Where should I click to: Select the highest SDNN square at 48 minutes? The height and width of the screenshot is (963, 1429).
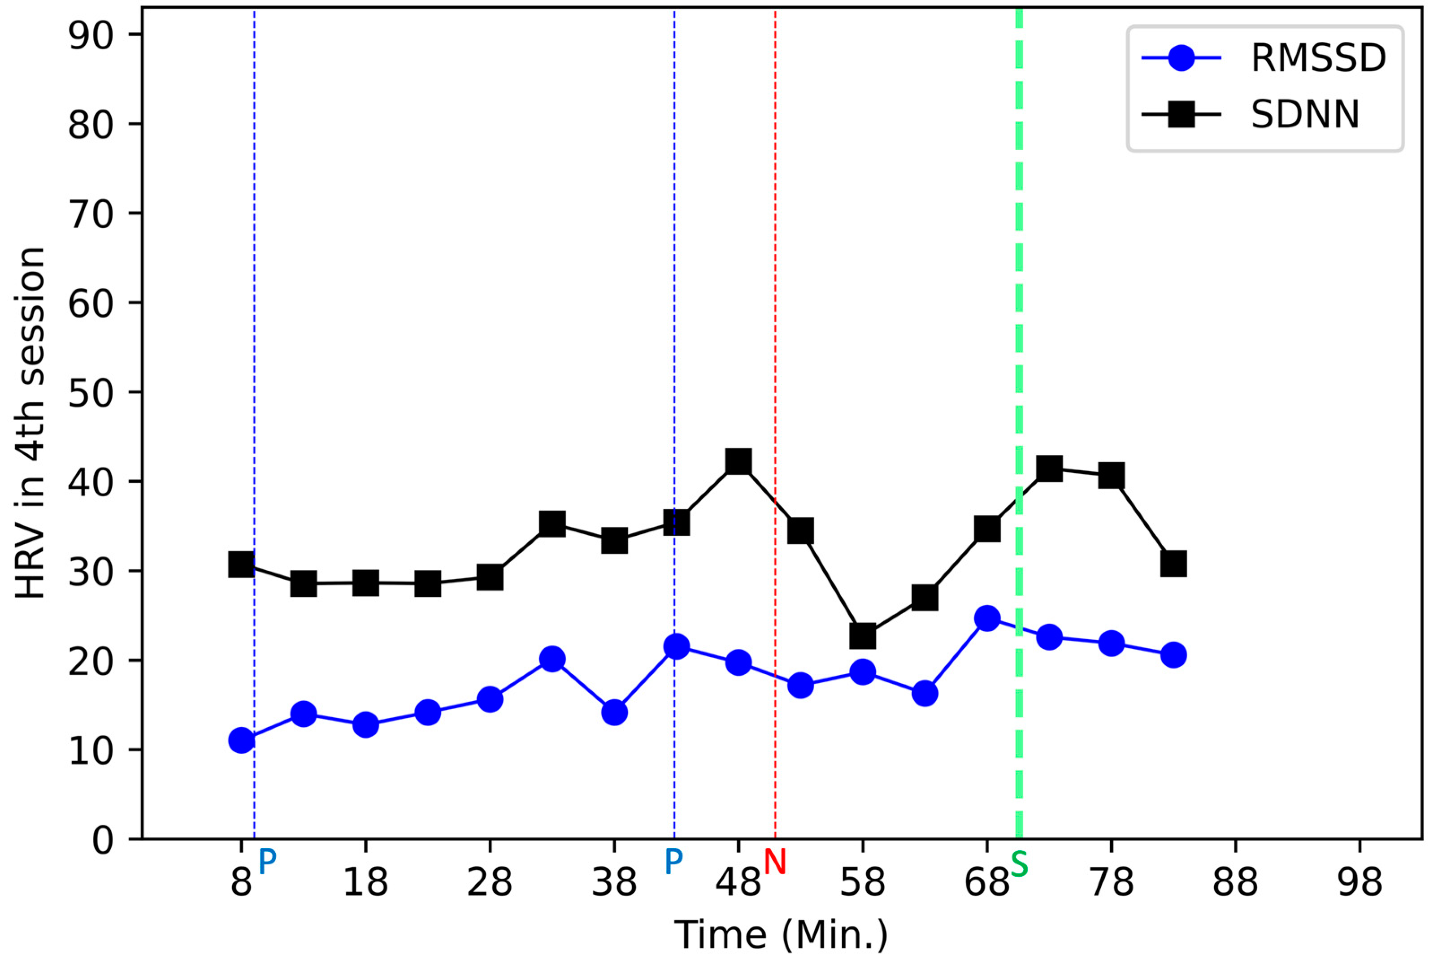738,461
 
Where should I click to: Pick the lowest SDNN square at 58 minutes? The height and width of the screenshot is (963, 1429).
862,636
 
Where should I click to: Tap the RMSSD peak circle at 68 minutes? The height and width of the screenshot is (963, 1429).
987,618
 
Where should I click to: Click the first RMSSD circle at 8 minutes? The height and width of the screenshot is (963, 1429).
241,741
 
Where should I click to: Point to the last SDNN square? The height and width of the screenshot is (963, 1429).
1173,564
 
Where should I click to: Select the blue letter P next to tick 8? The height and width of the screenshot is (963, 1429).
267,862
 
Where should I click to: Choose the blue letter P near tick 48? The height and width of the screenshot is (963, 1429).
673,862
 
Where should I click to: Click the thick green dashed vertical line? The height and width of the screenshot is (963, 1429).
1019,307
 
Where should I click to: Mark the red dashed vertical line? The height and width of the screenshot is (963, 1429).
775,307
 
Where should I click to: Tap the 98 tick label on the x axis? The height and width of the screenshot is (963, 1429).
1360,883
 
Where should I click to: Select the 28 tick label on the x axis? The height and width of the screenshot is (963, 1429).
490,883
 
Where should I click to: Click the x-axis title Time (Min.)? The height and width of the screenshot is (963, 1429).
781,935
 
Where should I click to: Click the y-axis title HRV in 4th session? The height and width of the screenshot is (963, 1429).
30,424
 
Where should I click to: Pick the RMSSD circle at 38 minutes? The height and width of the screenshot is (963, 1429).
614,712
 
